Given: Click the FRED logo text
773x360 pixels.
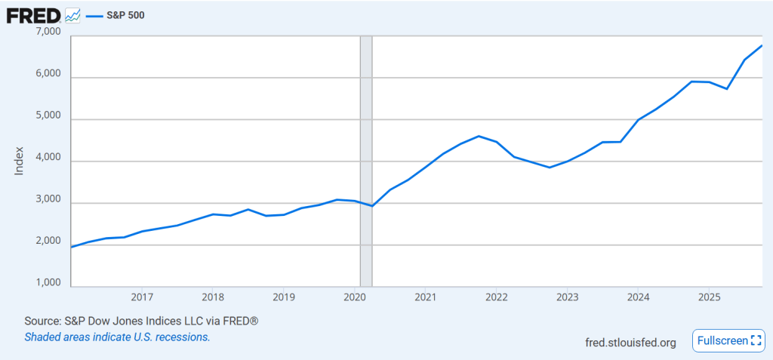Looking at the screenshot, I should pos(34,14).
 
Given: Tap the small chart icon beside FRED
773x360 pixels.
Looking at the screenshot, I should pos(73,14).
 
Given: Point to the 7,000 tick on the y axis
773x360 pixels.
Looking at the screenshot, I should pos(48,32).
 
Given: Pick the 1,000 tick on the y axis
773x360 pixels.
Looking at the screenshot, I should pos(48,283).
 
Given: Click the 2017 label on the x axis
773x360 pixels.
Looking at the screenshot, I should pos(142,297).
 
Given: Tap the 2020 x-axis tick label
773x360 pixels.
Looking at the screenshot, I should pos(355,297).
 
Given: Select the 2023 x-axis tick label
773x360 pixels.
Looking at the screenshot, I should pos(567,297).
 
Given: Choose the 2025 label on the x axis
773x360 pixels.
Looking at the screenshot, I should pos(708,297).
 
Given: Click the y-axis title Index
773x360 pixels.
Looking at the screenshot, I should pos(20,161).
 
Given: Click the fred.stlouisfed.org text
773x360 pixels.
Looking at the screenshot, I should pos(630,342).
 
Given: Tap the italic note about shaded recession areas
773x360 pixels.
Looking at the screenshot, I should pos(117,337).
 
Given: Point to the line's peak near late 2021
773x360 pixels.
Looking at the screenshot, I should pos(479,136).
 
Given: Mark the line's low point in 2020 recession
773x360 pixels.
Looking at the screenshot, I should pos(372,206).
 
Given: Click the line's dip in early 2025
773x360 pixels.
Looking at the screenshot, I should pos(726,89).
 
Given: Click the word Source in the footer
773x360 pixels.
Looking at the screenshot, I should pos(42,321).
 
